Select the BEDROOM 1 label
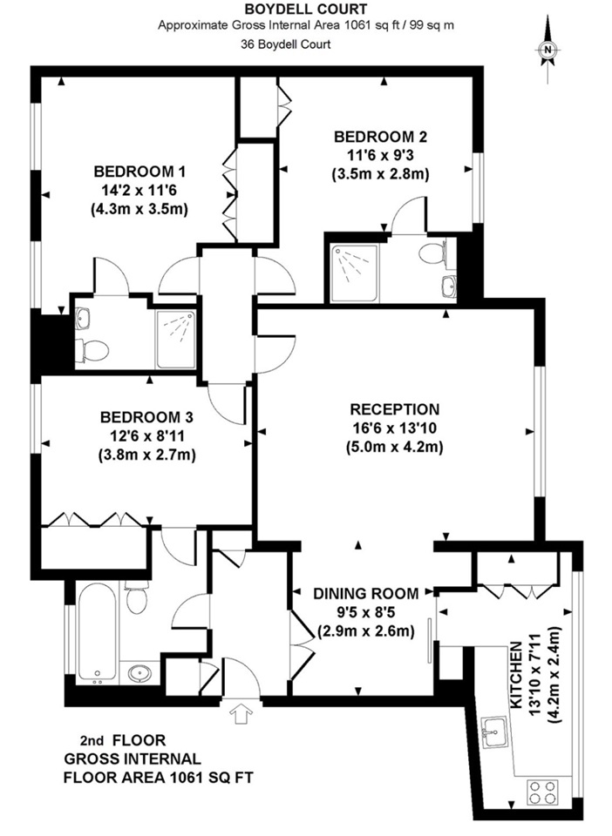click(140, 171)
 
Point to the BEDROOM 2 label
click(380, 136)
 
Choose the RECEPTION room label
click(394, 409)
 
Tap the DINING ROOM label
click(365, 593)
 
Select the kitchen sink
click(494, 729)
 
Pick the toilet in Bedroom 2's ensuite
click(433, 254)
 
